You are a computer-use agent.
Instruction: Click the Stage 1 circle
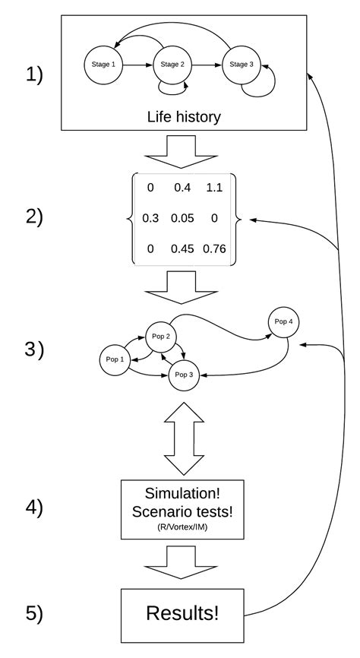point(103,65)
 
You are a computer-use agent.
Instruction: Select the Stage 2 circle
point(172,65)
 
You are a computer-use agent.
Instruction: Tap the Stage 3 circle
point(242,65)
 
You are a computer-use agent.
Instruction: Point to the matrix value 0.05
point(182,218)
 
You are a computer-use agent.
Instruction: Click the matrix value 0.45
point(182,248)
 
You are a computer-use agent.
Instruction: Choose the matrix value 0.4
point(183,188)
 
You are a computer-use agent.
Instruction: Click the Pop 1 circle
point(115,359)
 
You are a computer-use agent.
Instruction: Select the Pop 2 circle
point(161,337)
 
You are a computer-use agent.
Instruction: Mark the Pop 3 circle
point(184,375)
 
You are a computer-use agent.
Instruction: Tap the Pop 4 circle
point(283,322)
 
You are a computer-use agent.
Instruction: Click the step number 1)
point(34,75)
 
